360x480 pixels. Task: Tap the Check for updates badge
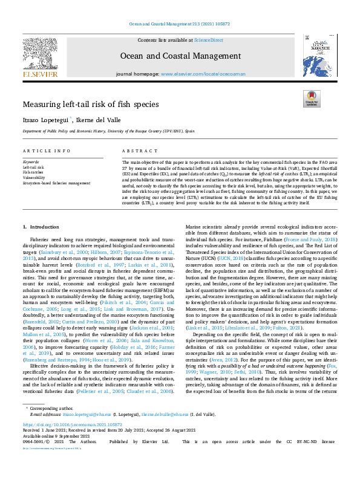pos(311,99)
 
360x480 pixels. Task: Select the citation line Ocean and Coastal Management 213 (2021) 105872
pos(180,25)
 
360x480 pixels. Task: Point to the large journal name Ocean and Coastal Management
pos(180,55)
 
